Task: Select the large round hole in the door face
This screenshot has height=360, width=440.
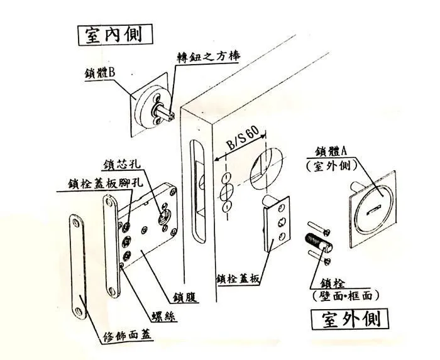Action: pyautogui.click(x=265, y=163)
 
